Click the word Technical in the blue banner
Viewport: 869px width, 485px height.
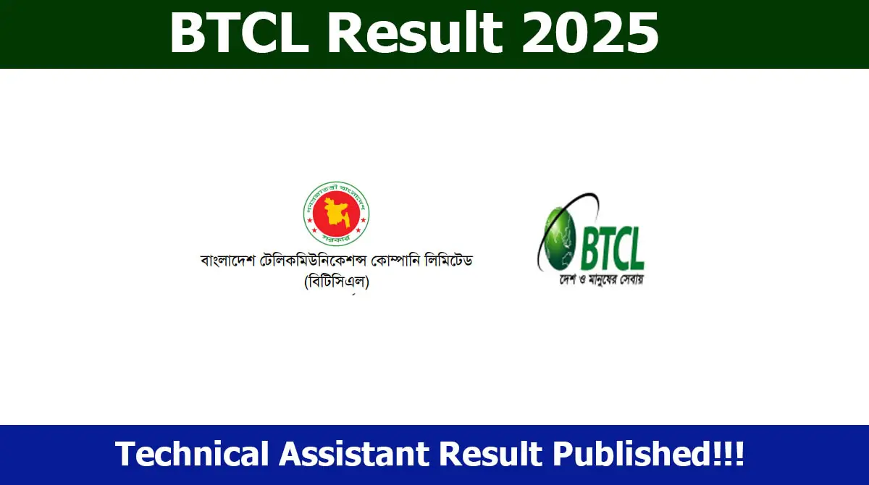click(191, 455)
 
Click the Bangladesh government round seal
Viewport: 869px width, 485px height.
click(336, 211)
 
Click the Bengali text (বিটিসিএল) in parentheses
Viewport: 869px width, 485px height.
click(337, 282)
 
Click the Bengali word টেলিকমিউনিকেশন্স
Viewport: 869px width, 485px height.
click(305, 260)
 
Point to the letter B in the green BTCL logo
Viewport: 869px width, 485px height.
click(587, 247)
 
